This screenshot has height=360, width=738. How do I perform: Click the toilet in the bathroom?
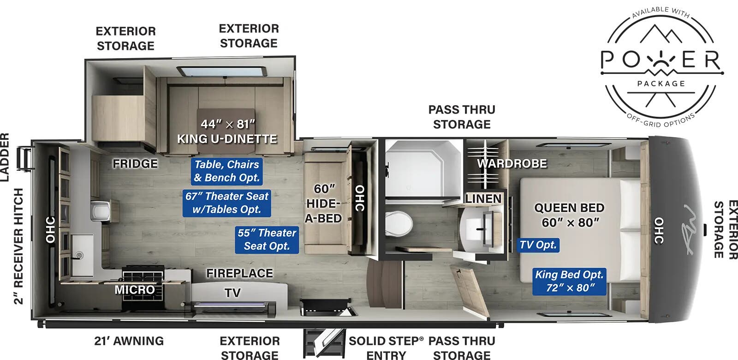398,224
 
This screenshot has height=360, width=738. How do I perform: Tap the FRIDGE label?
135,163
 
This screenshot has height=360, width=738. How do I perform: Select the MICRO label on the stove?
135,289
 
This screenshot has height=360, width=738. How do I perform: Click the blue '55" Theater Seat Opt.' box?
267,240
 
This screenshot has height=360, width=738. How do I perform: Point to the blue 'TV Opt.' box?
538,245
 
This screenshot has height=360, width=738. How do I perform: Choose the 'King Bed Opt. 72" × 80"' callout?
569,281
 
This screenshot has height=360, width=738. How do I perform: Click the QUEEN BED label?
570,215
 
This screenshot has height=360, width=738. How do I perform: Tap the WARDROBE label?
512,163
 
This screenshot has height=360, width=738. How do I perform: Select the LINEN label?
483,199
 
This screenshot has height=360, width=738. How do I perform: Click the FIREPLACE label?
239,273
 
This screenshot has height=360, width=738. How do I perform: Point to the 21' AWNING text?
129,341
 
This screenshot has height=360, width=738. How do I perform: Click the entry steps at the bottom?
324,343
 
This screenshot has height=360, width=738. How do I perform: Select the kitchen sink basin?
80,249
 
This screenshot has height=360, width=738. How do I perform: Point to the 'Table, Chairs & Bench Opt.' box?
226,171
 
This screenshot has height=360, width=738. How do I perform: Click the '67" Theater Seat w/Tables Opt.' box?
227,203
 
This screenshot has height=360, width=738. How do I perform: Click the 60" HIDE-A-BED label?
324,204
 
